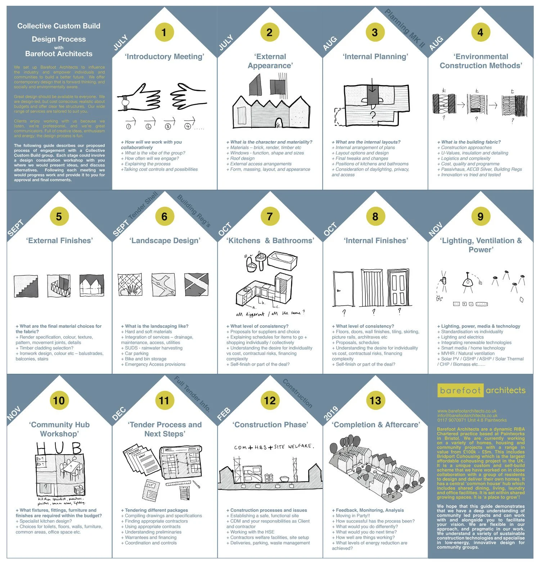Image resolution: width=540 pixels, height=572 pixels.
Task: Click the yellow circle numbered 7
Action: pyautogui.click(x=270, y=217)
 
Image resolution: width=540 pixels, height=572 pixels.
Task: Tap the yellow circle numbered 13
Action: pyautogui.click(x=375, y=401)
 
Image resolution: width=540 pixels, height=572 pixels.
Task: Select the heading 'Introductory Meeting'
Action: pyautogui.click(x=165, y=57)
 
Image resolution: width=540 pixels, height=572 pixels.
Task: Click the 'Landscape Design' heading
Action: pyautogui.click(x=165, y=240)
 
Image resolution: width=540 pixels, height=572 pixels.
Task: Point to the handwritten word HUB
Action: pyautogui.click(x=59, y=448)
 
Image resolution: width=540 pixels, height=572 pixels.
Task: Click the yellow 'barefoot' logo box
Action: pyautogui.click(x=460, y=391)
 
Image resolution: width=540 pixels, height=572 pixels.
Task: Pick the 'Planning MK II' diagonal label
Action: pyautogui.click(x=405, y=29)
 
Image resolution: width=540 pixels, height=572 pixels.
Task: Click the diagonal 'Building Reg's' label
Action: pyautogui.click(x=194, y=211)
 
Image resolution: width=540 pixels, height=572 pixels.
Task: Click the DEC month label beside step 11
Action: pyautogui.click(x=119, y=414)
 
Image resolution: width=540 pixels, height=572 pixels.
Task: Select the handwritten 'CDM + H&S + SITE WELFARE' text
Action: pyautogui.click(x=274, y=447)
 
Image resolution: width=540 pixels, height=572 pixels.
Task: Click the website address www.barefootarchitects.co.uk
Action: pyautogui.click(x=467, y=411)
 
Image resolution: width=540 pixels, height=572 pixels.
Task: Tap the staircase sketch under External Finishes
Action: pyautogui.click(x=26, y=286)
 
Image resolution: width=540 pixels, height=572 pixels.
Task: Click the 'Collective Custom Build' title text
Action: pyautogui.click(x=59, y=26)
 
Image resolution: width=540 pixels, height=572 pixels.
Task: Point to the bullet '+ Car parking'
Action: pyautogui.click(x=136, y=353)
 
